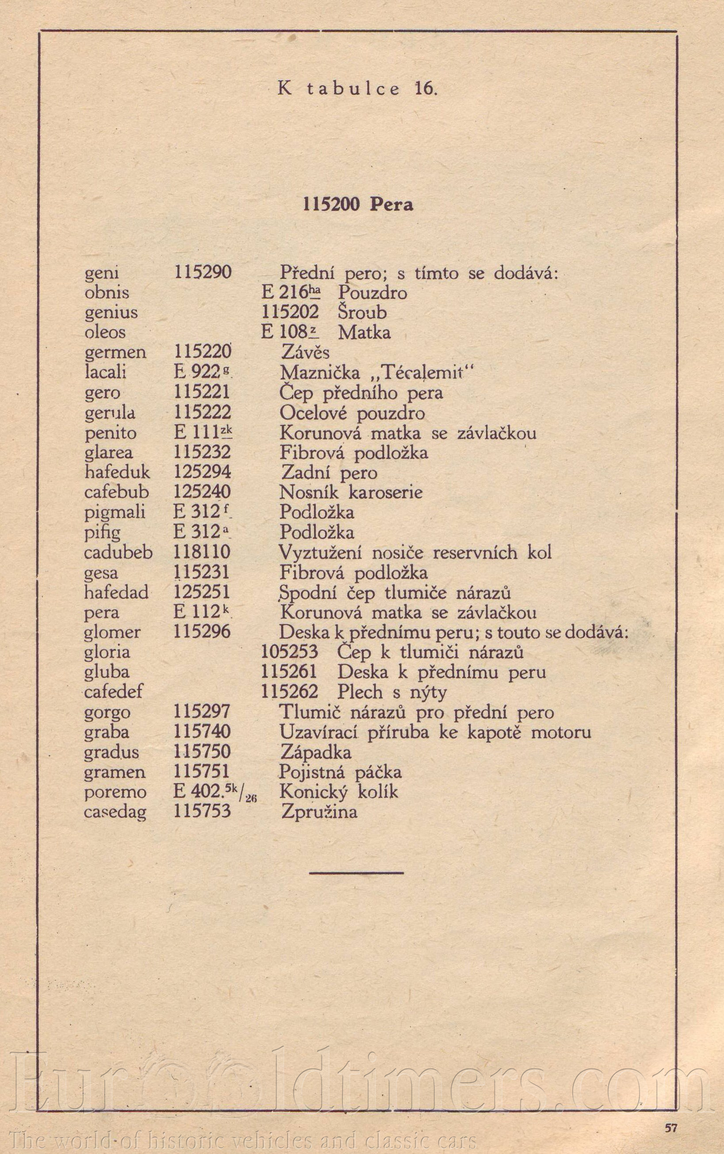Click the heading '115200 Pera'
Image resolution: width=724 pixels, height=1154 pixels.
coord(358,205)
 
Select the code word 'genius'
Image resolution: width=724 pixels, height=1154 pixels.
coord(111,312)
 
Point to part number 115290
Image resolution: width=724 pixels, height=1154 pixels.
coord(202,272)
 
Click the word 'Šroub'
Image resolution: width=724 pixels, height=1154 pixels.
coord(362,312)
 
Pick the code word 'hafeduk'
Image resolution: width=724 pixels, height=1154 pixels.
coord(117,472)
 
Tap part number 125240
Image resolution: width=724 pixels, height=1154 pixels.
coord(202,492)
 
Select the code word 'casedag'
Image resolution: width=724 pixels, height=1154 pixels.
coord(115,812)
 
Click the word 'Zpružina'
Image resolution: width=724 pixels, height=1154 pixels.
coord(320,812)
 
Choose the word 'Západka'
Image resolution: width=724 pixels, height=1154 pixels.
coord(316,752)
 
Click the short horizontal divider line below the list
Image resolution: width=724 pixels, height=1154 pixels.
coord(356,873)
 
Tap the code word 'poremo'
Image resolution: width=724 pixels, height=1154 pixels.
coord(115,792)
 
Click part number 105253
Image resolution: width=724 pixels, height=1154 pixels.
coord(289,652)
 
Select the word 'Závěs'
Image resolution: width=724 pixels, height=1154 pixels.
coord(305,352)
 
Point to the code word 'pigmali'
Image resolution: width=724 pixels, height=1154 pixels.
coord(115,512)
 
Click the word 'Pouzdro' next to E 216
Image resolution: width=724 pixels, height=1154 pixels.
coord(373,292)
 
